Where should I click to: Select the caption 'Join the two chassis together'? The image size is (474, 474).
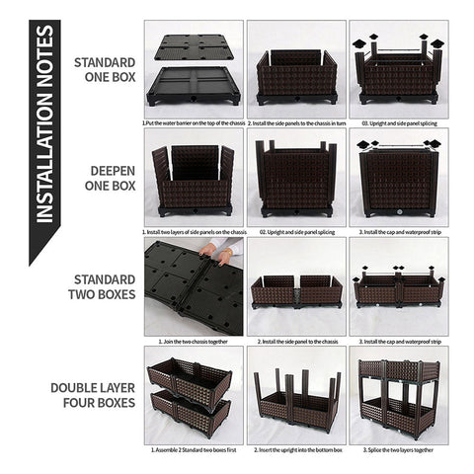point(193,341)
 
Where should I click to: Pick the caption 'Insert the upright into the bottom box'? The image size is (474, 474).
point(295,448)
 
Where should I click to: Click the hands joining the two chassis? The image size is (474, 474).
point(217,256)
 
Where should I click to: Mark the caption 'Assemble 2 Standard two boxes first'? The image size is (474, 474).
point(193,448)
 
